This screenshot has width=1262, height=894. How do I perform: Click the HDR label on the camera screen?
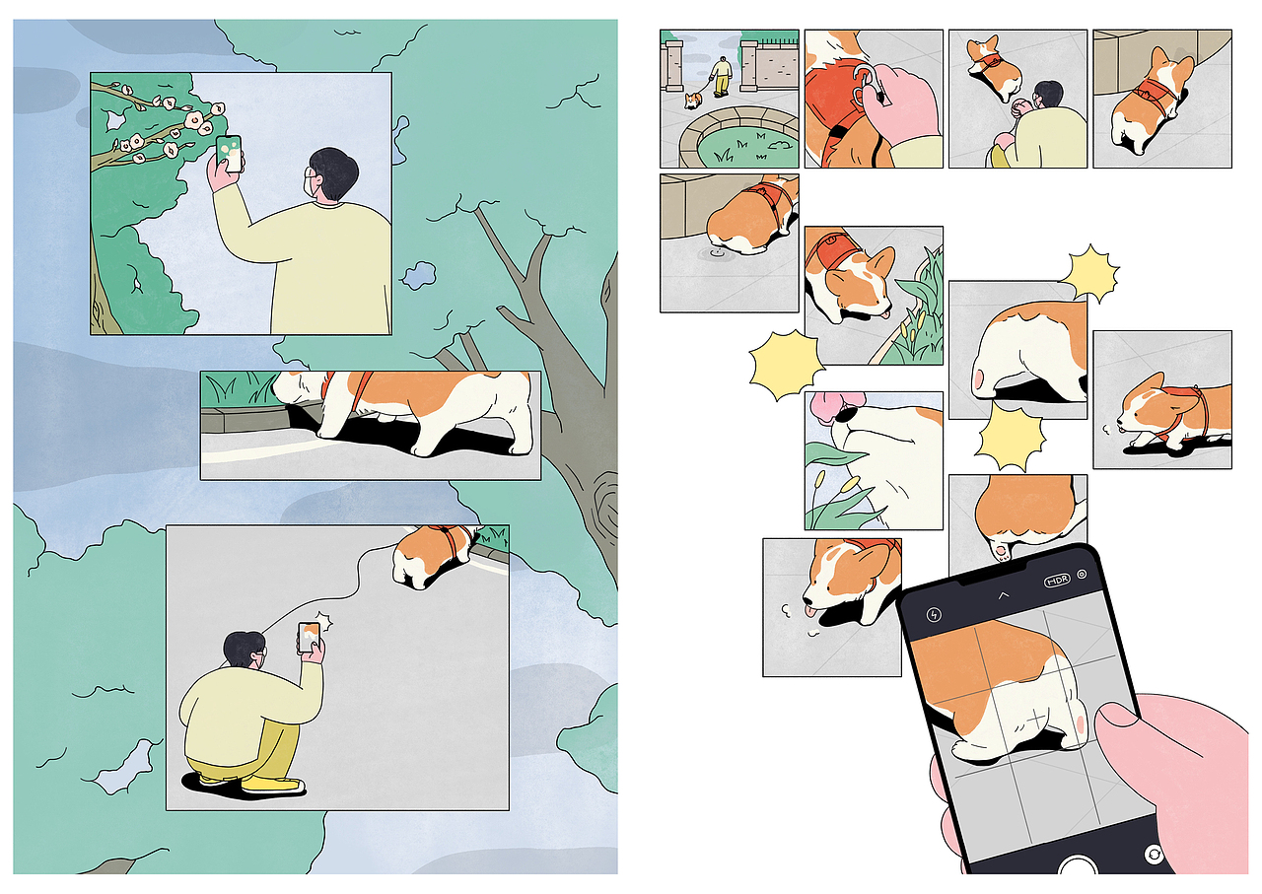pyautogui.click(x=1057, y=581)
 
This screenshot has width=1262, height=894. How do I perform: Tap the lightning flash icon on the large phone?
pyautogui.click(x=934, y=615)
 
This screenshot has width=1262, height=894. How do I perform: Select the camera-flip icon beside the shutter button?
pyautogui.click(x=1154, y=855)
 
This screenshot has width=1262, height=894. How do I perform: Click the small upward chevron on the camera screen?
pyautogui.click(x=1004, y=595)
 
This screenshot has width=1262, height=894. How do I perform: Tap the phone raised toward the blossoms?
pyautogui.click(x=230, y=154)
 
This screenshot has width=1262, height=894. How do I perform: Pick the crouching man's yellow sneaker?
pyautogui.click(x=272, y=784)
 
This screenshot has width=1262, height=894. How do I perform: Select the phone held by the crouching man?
pyautogui.click(x=309, y=637)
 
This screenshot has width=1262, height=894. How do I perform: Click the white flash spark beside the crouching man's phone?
pyautogui.click(x=324, y=622)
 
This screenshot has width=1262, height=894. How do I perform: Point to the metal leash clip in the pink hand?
pyautogui.click(x=868, y=85)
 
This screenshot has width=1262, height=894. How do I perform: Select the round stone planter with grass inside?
pyautogui.click(x=739, y=139)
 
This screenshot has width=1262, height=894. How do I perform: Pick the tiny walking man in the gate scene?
pyautogui.click(x=721, y=77)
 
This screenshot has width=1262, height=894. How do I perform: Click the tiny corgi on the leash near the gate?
pyautogui.click(x=693, y=101)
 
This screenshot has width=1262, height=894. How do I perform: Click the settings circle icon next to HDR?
pyautogui.click(x=1082, y=575)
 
